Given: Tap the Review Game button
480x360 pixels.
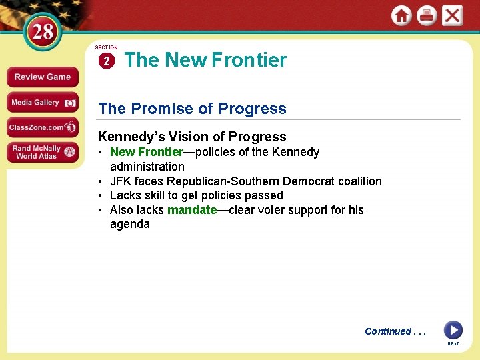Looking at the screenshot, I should tap(42, 77).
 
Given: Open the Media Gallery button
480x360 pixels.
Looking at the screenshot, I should tap(42, 103).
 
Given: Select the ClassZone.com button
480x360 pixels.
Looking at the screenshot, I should tap(42, 127).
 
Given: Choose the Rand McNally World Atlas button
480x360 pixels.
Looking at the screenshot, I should tap(42, 152).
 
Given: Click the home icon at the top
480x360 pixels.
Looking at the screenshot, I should tap(401, 15).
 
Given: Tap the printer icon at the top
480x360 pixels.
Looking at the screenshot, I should tap(427, 15).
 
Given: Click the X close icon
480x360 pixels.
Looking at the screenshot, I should tap(453, 15).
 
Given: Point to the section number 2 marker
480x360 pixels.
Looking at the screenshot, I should tap(106, 61).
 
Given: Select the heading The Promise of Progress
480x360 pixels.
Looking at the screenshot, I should tap(192, 109).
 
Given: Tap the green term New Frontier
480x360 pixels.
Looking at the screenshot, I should tap(146, 152).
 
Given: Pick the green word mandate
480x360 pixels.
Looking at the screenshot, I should tap(192, 210).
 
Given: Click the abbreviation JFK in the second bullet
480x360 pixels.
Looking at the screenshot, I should tap(121, 181).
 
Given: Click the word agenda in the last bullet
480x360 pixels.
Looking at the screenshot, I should tap(130, 224).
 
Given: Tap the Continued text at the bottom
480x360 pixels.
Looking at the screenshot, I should tap(388, 331).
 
